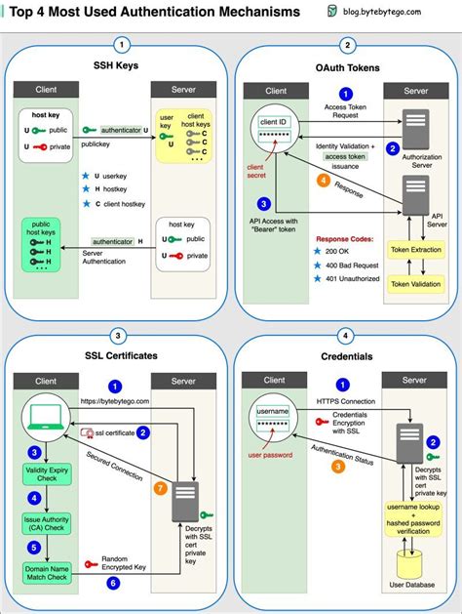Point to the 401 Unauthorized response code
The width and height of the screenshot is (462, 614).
coord(352,280)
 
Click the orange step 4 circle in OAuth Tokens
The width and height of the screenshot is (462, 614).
coord(324,181)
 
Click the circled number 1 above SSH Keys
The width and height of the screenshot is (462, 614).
coord(120,45)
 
